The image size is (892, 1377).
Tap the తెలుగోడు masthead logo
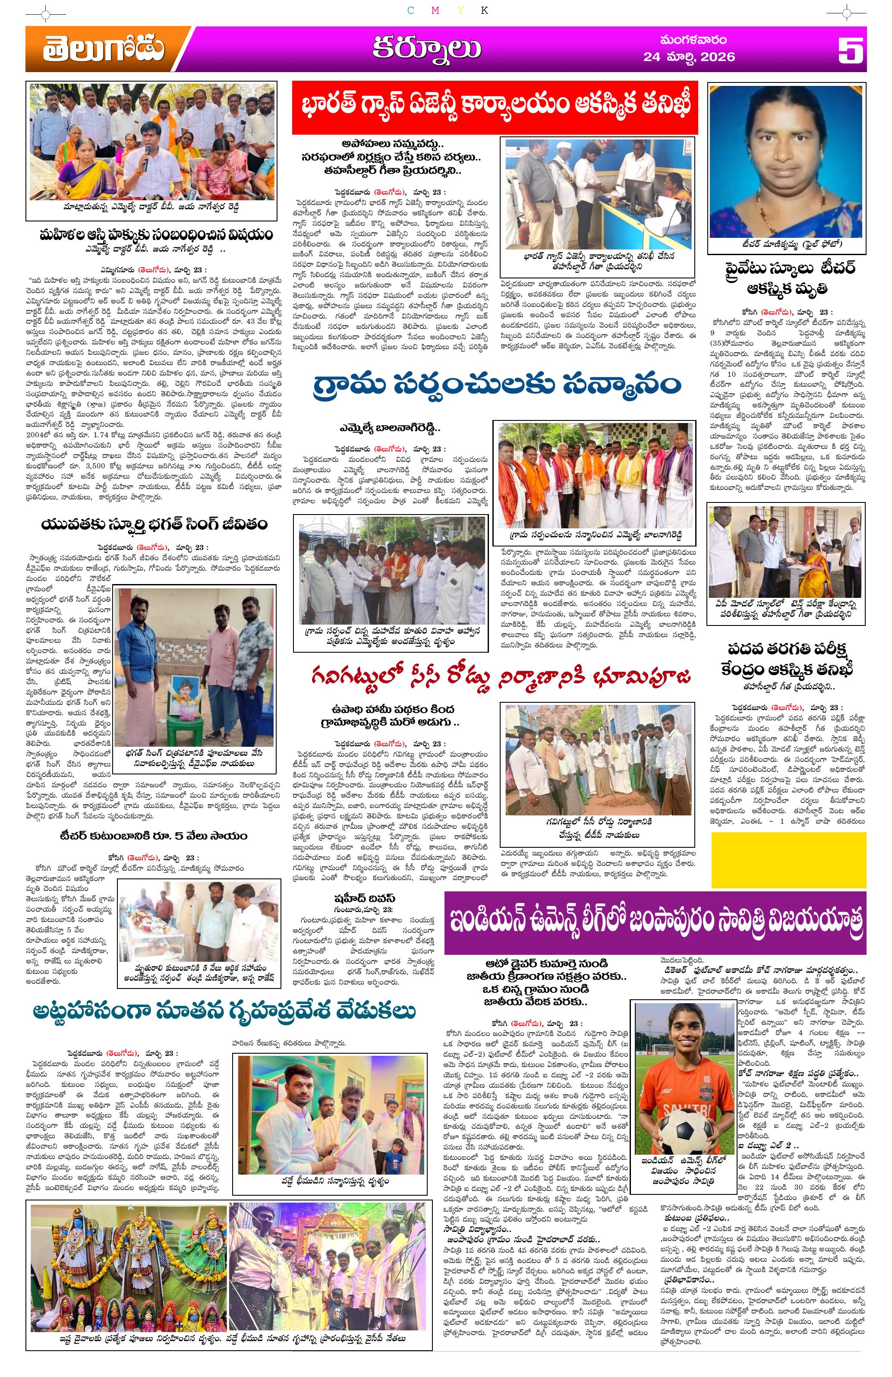[x=102, y=49]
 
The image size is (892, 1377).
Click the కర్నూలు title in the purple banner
[x=425, y=49]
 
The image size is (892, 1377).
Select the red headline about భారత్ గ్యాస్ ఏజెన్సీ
[x=494, y=107]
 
